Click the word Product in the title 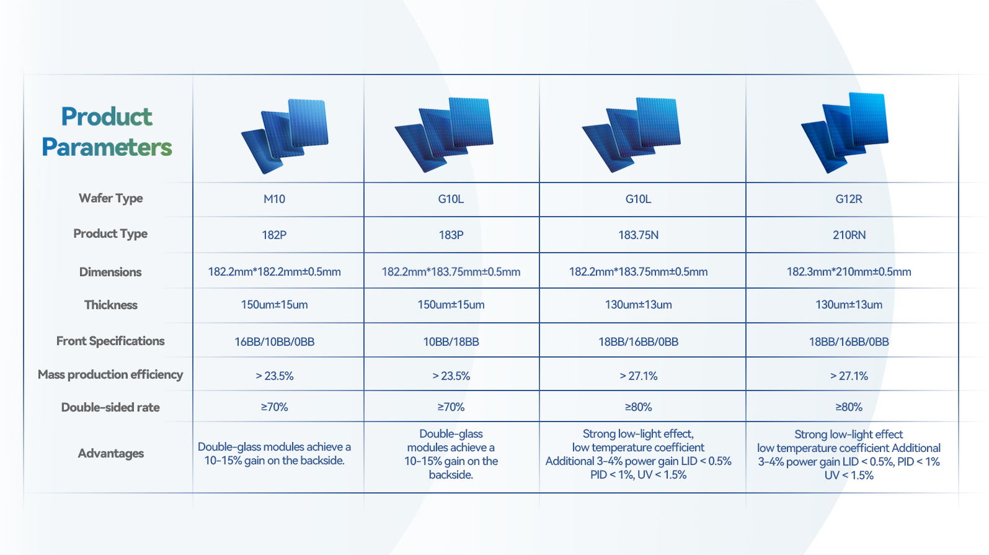(107, 117)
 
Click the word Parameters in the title (107, 147)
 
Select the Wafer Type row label (111, 199)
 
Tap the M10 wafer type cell (274, 199)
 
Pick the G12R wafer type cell (849, 199)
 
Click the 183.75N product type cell (638, 235)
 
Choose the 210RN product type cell (849, 235)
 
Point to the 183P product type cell (451, 235)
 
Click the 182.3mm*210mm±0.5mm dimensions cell (849, 271)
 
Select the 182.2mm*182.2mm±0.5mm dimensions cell (274, 271)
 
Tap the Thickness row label (111, 305)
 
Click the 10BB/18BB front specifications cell (451, 341)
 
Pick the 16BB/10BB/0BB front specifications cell (274, 341)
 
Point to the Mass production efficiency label (110, 375)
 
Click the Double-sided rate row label (110, 407)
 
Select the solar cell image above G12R (845, 132)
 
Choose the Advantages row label (111, 453)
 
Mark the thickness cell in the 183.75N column (638, 304)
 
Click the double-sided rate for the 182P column (274, 407)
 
